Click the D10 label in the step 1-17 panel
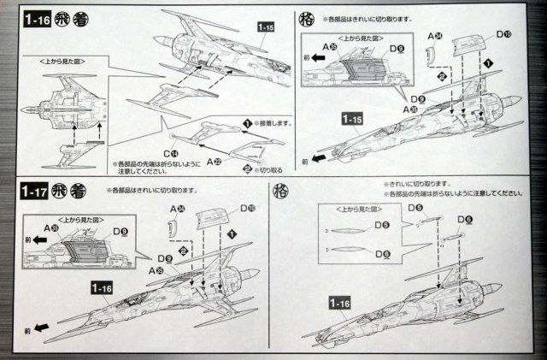point(246,208)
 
